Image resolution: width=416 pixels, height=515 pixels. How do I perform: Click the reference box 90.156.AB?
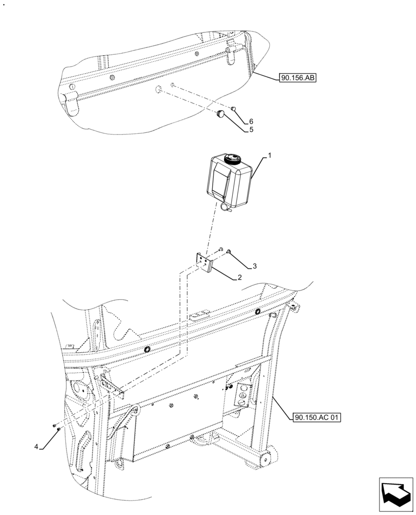click(x=298, y=79)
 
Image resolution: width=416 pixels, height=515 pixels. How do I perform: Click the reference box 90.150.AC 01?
click(x=317, y=417)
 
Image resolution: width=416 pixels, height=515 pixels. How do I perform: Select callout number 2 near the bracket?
click(x=240, y=278)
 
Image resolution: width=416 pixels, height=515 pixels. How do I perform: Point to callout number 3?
click(x=254, y=267)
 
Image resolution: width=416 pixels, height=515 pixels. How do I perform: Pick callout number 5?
click(x=251, y=130)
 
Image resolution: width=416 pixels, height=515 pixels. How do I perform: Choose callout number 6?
click(x=251, y=122)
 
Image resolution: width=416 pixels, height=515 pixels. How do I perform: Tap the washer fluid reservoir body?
click(x=229, y=180)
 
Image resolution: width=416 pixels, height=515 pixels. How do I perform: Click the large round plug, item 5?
click(x=221, y=114)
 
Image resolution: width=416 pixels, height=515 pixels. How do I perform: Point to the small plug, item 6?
click(x=233, y=109)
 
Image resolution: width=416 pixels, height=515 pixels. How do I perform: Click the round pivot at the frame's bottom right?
click(x=267, y=458)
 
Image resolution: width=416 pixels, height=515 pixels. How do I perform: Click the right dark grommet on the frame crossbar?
click(x=257, y=312)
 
